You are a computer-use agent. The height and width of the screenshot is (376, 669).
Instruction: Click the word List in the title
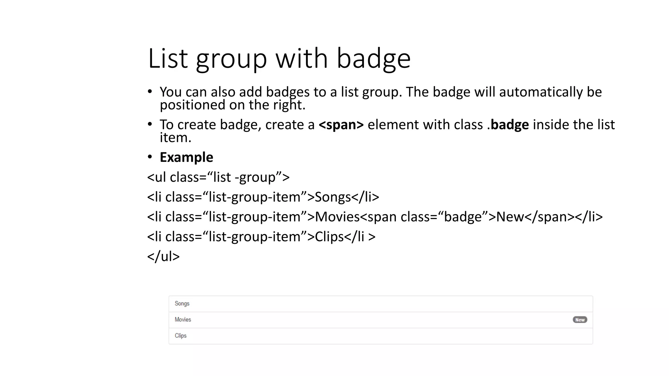point(168,59)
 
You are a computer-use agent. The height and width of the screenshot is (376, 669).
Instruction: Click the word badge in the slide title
point(373,59)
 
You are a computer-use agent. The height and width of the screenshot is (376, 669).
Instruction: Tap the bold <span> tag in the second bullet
point(341,125)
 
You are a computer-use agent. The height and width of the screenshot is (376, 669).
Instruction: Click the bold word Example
point(186,157)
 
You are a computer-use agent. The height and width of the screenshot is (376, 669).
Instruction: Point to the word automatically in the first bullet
point(541,92)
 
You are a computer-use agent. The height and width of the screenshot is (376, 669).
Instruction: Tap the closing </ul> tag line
point(163,257)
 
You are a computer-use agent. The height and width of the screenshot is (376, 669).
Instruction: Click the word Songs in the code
point(333,197)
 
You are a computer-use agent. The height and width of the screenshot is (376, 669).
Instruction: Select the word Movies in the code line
point(337,217)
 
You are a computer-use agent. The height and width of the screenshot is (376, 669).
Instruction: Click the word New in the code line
point(510,217)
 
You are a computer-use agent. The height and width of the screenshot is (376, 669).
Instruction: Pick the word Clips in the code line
point(329,237)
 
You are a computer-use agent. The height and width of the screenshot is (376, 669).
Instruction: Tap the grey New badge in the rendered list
point(580,320)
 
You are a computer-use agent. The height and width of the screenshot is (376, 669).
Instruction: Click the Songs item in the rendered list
point(182,304)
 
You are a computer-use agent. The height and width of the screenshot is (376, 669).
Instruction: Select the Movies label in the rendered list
point(183,320)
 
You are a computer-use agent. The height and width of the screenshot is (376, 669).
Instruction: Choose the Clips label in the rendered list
point(180,336)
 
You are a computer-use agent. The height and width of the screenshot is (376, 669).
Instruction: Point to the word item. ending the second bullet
point(175,138)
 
